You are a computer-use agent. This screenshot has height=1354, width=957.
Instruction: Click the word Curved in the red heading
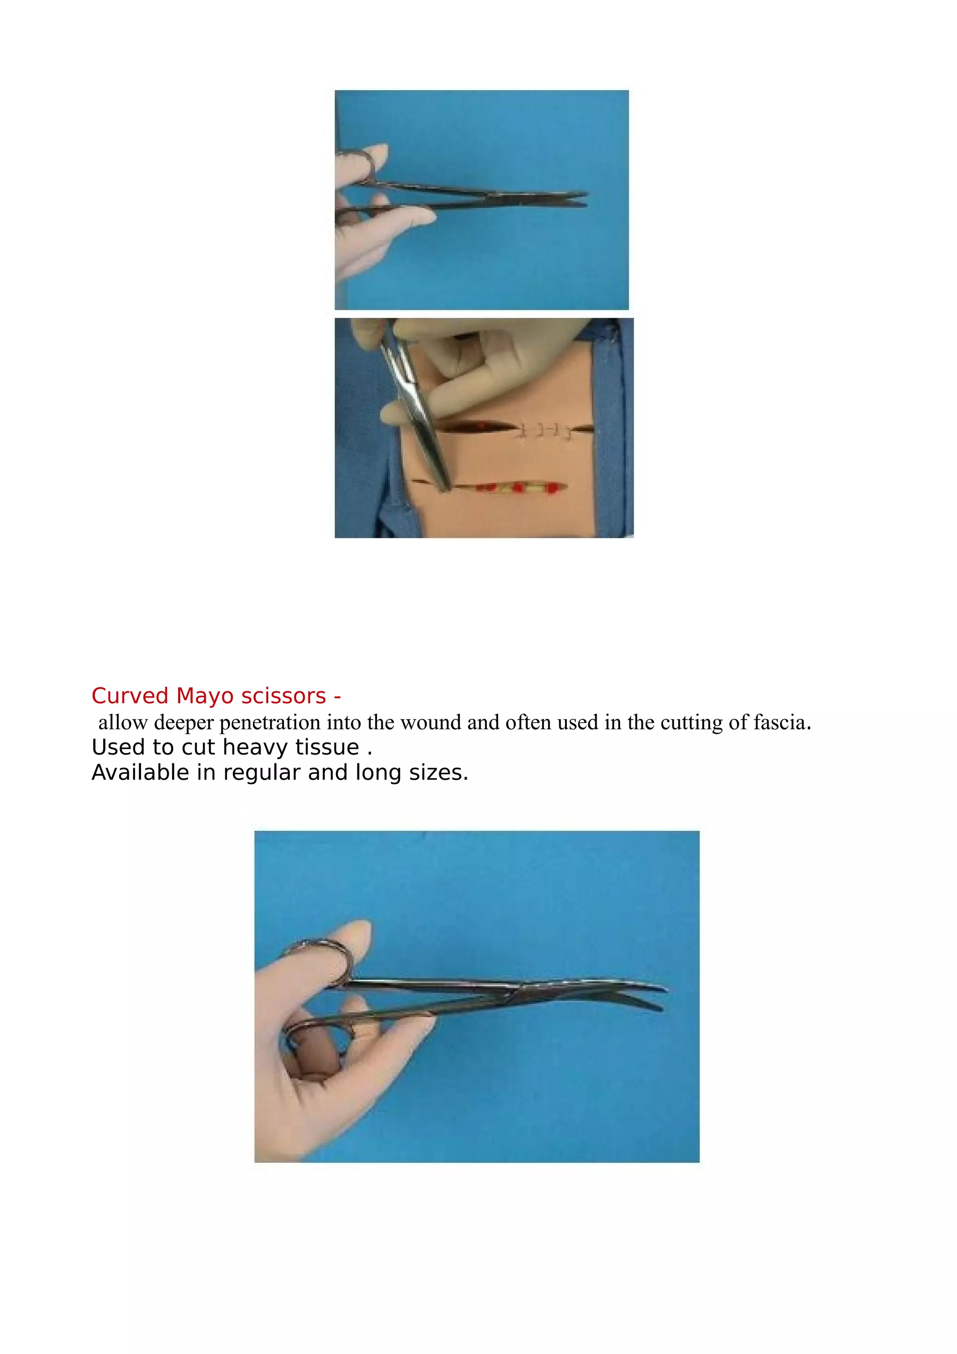(x=130, y=697)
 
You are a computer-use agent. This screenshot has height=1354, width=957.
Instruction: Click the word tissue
(x=327, y=748)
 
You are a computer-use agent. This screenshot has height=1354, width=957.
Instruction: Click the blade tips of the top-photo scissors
(x=578, y=199)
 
